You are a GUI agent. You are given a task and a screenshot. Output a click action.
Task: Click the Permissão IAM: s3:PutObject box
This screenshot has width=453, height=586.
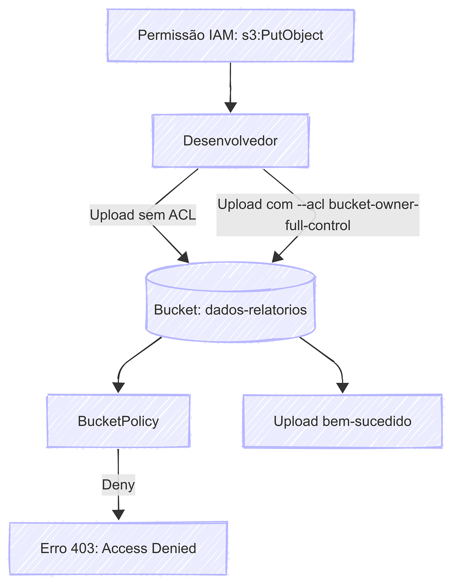(230, 35)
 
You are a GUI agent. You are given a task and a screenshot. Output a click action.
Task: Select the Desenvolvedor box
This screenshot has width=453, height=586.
(230, 141)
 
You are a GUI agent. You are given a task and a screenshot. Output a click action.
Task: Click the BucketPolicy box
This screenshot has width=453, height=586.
(118, 421)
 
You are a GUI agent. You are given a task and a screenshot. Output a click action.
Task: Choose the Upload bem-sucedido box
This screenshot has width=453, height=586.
(342, 421)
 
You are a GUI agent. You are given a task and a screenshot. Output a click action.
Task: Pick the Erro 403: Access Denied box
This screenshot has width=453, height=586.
(118, 548)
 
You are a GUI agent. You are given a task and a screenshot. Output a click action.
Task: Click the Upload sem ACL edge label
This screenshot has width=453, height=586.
(143, 215)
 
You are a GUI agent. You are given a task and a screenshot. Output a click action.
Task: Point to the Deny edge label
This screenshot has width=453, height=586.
(118, 485)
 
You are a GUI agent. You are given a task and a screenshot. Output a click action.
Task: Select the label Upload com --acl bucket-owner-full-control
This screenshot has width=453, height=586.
(318, 215)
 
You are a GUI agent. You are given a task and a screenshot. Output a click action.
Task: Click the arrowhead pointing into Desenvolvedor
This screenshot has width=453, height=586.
(230, 107)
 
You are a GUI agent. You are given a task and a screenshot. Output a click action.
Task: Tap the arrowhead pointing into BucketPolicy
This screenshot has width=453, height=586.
(118, 388)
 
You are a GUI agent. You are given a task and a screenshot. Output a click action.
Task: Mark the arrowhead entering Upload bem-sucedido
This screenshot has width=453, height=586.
(342, 388)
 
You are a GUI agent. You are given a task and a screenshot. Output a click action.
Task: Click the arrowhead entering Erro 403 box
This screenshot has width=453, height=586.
(118, 515)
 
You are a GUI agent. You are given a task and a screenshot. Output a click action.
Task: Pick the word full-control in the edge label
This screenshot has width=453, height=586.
(318, 226)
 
